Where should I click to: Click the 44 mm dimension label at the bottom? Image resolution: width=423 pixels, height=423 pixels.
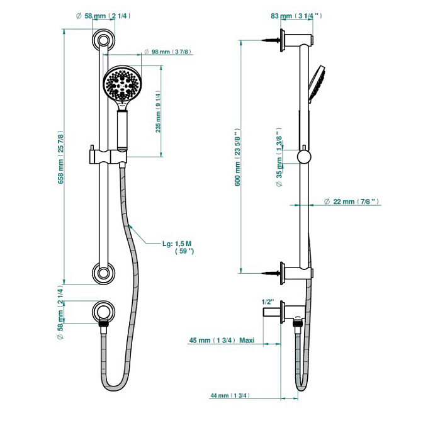tap(230, 395)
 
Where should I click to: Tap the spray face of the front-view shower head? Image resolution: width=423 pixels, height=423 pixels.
tap(120, 84)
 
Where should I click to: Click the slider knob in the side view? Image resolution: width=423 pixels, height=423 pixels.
tap(304, 156)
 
